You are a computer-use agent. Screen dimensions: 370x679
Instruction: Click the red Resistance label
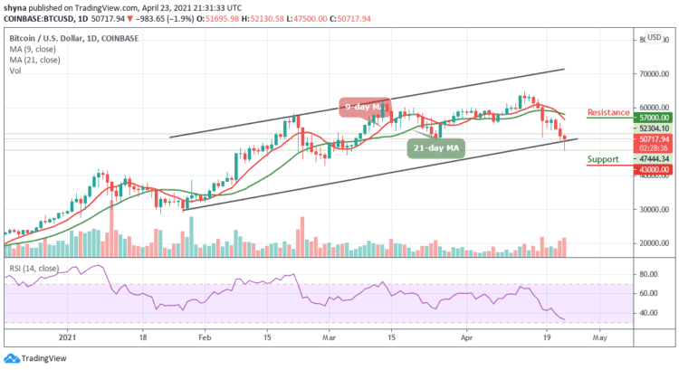(608, 113)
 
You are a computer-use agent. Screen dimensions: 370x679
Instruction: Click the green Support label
(604, 159)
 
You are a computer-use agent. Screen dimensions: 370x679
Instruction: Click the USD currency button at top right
(654, 38)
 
